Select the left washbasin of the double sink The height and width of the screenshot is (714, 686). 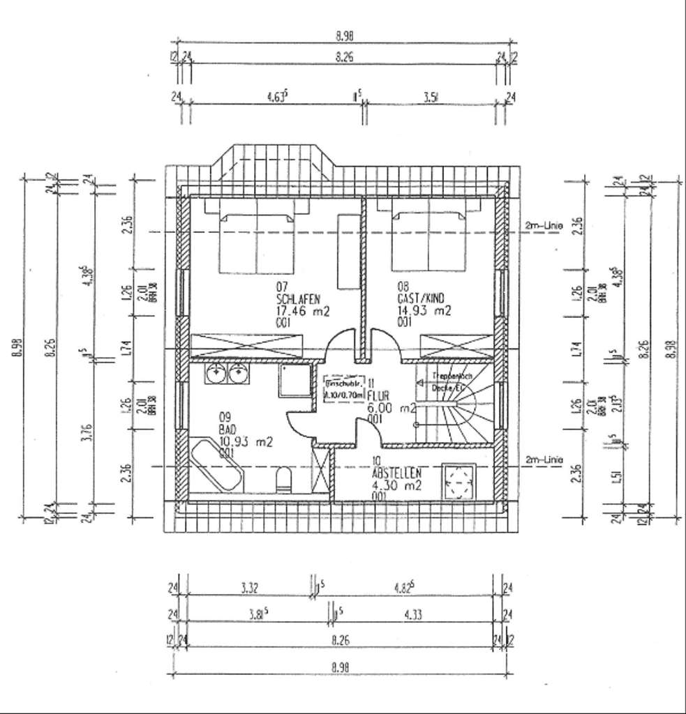tap(215, 374)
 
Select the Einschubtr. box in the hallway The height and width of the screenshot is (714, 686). tap(345, 388)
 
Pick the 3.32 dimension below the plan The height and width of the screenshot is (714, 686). tap(250, 588)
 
